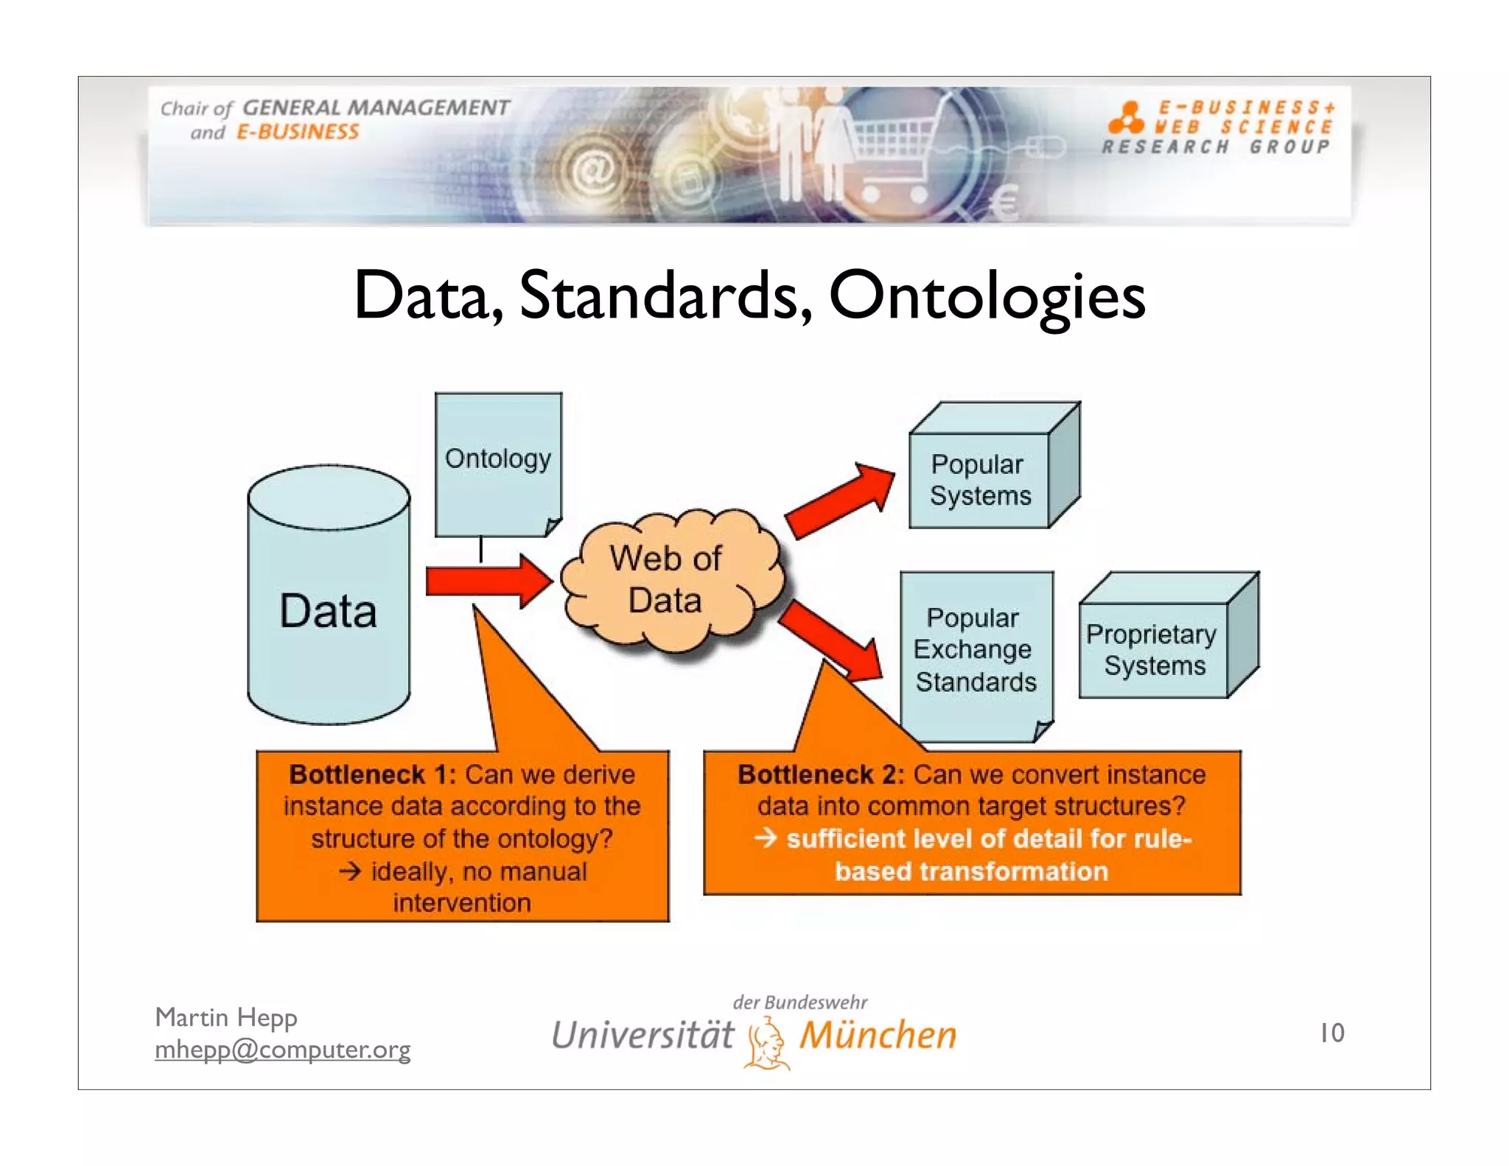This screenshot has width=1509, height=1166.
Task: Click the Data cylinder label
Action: pos(328,611)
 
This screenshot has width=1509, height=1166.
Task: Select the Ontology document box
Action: pos(498,464)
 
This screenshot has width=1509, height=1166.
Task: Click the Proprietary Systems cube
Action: pos(1154,649)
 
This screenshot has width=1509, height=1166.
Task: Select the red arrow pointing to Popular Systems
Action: pos(840,500)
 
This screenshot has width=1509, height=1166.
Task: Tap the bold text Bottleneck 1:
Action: pos(372,775)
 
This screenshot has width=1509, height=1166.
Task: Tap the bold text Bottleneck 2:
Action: pos(820,775)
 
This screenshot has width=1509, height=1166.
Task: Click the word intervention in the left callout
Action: pos(462,903)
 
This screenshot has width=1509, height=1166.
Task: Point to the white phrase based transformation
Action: pos(971,871)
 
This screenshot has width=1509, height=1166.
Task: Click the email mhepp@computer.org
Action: pos(282,1049)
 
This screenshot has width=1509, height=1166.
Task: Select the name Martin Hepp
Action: pos(225,1017)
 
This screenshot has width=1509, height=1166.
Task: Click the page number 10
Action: pos(1331,1033)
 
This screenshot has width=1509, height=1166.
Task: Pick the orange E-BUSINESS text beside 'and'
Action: pos(297,133)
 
